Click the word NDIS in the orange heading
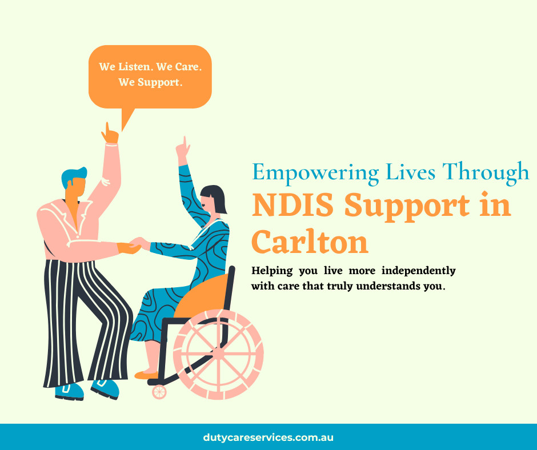293,205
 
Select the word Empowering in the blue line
316,172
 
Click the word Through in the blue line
486,172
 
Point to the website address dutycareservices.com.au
268,437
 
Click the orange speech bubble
150,78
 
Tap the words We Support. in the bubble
150,82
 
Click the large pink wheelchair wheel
218,355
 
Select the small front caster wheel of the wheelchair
159,392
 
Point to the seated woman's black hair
214,198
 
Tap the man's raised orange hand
110,134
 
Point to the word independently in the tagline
419,271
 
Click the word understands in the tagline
388,286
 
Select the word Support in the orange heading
407,206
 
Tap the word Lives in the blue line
410,172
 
